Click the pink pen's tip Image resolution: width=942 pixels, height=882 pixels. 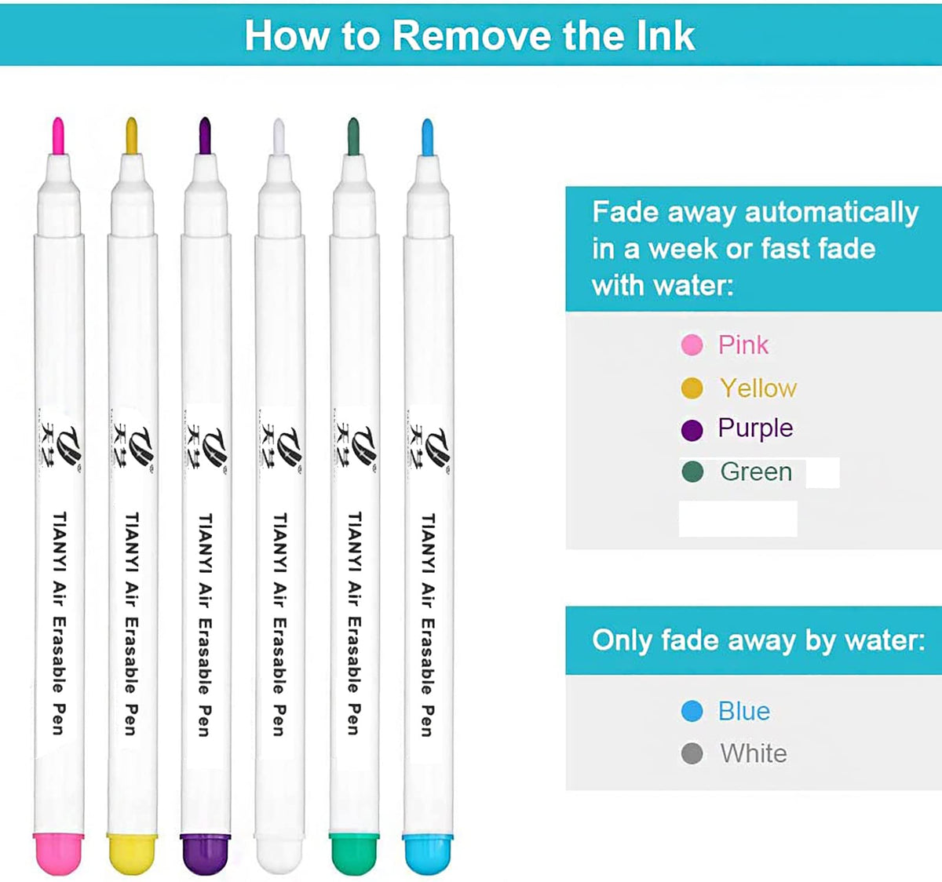[x=58, y=135]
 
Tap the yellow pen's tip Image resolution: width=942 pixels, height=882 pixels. [x=131, y=136]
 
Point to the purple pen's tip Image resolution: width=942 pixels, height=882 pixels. [x=205, y=136]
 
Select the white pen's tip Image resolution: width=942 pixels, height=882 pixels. [x=279, y=137]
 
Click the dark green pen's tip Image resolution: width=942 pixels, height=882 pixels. [x=353, y=137]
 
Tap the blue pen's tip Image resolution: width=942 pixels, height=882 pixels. [x=427, y=137]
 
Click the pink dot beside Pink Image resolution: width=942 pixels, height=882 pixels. [x=692, y=344]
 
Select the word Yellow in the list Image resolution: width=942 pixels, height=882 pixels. [x=758, y=388]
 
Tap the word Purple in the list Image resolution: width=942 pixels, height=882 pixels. [x=756, y=428]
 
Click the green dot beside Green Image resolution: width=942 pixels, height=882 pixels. [x=692, y=472]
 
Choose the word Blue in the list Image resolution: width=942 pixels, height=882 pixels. [x=744, y=711]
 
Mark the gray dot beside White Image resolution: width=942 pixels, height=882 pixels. [x=692, y=753]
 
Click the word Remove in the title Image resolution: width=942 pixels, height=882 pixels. [x=472, y=35]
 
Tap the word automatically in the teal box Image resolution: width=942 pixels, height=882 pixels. [x=832, y=213]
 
